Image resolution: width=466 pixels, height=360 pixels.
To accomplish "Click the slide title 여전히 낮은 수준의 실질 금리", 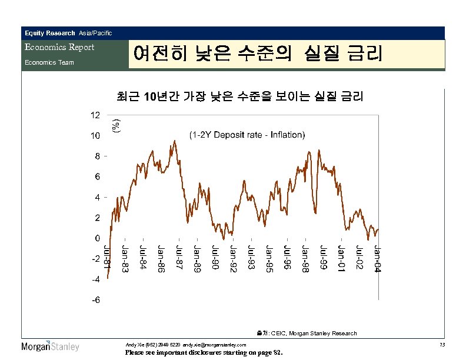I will coord(258,55).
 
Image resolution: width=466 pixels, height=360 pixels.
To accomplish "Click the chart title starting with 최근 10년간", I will coord(240,96).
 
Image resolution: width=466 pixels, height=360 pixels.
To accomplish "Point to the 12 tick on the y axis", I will coord(95,115).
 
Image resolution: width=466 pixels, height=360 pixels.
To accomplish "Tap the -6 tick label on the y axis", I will coord(95,299).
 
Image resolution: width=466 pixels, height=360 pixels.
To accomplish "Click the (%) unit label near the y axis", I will coord(116,125).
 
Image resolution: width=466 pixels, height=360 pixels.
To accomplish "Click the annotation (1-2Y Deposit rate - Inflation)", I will coord(247,135).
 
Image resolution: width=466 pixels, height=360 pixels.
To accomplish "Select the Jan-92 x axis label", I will coord(233,259).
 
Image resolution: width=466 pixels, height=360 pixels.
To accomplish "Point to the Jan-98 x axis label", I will coord(305,259).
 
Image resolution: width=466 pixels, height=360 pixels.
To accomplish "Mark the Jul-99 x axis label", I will coord(323,258).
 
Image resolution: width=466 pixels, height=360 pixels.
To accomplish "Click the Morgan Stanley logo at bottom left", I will coord(50,346).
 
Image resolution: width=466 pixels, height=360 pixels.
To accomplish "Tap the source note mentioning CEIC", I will coord(306,333).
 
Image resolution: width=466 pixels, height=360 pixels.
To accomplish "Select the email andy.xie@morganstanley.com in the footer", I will coord(210,344).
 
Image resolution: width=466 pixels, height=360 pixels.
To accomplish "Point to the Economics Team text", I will coord(49,62).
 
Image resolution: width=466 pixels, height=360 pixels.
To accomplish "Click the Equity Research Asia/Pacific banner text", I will coord(68,33).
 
